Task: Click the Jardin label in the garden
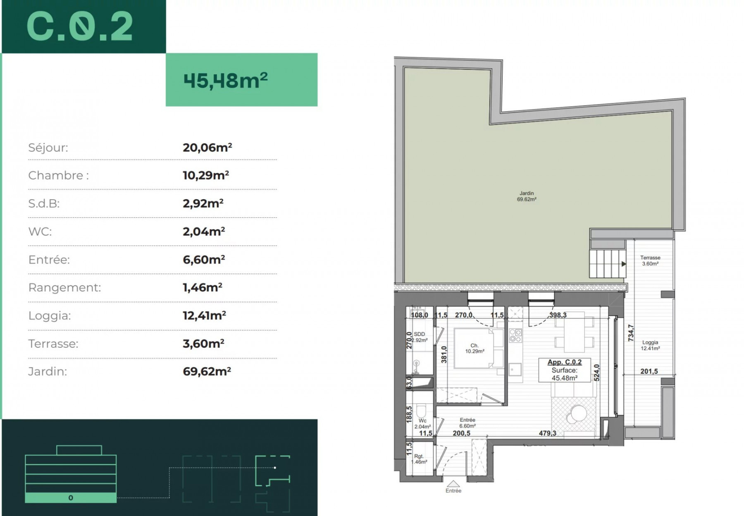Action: click(527, 193)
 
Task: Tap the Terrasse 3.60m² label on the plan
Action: click(650, 260)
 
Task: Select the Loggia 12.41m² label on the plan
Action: click(650, 345)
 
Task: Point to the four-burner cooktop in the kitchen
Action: click(515, 335)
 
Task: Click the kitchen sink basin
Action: click(515, 369)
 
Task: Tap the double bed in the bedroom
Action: click(479, 348)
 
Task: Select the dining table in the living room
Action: click(574, 332)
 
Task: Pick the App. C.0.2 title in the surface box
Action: click(564, 362)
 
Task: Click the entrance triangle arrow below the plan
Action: click(453, 484)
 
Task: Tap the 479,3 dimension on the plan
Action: click(547, 433)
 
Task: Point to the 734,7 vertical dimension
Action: click(631, 333)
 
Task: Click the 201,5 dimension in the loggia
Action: click(649, 371)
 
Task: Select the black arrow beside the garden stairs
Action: click(624, 264)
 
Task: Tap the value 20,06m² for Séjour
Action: click(207, 148)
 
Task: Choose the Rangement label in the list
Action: click(64, 288)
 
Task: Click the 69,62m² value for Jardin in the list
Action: click(207, 371)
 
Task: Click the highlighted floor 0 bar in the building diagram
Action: click(71, 498)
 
